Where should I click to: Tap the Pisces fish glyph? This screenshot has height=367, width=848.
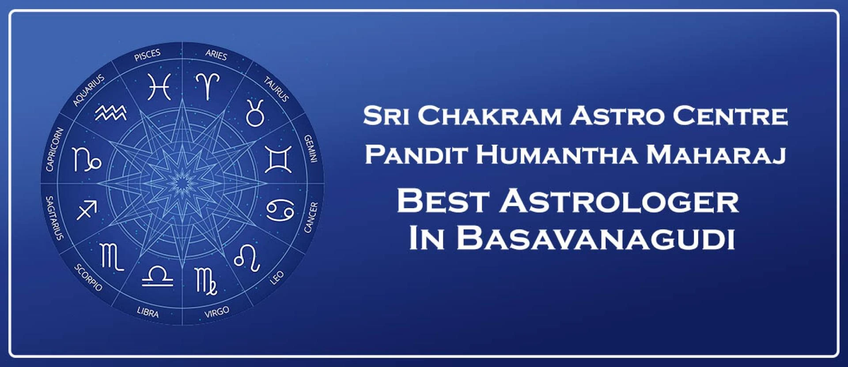159,86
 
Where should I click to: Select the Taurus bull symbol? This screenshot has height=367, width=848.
255,113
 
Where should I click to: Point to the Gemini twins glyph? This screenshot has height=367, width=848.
278,159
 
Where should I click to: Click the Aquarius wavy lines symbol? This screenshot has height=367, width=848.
111,113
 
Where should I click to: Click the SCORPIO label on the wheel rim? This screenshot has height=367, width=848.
88,277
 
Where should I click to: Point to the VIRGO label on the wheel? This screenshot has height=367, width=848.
217,312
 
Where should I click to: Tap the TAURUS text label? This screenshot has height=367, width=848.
276,89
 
